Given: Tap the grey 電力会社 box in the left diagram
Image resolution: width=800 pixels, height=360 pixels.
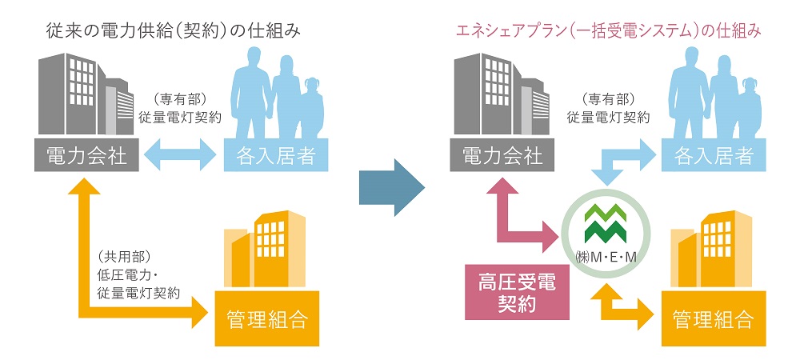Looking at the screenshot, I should (x=87, y=154).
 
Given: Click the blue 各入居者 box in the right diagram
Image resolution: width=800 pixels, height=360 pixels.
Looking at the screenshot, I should (x=709, y=154).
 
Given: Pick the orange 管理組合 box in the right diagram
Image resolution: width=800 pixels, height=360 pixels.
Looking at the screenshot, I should (x=709, y=320).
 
